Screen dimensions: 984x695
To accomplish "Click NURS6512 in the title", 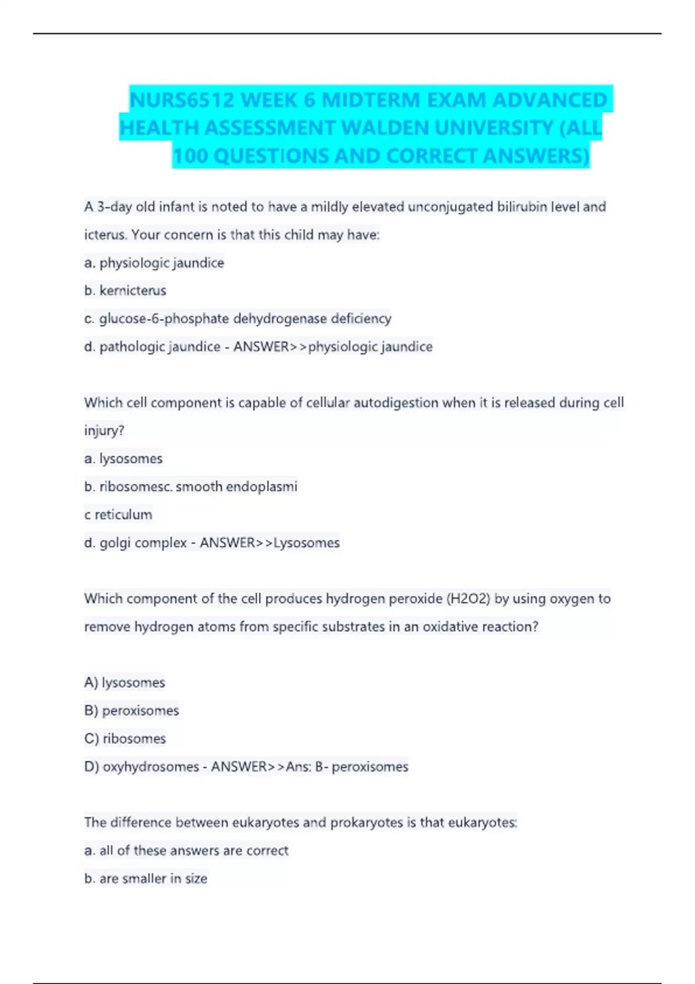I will pos(182,100).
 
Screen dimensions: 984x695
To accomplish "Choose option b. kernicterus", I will pos(125,291).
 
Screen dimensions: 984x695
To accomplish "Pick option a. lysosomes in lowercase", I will pos(123,458).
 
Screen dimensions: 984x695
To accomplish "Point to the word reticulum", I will pos(123,515).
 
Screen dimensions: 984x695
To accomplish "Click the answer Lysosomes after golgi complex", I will pos(306,543).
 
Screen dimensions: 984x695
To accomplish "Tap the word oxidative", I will pos(449,627).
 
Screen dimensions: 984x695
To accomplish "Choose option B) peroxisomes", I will pos(131,711).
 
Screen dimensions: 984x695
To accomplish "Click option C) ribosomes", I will pos(125,739).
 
